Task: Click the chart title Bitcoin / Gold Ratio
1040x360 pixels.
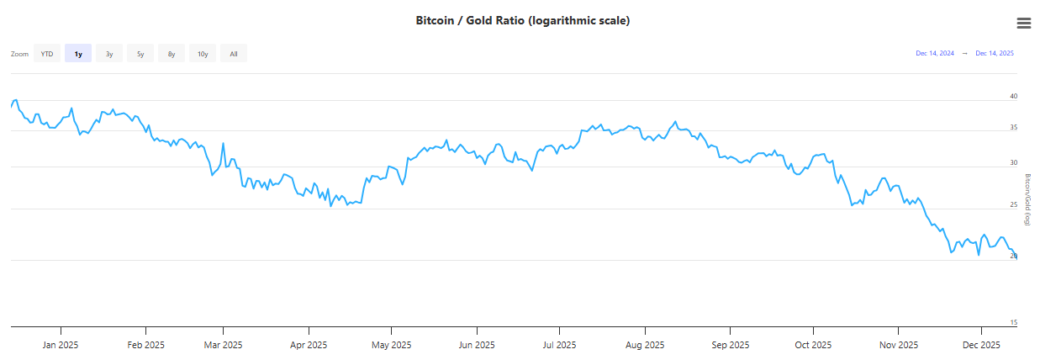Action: click(x=522, y=20)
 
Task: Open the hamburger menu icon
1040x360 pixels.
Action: click(x=1023, y=23)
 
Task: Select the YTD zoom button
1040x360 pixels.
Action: click(x=47, y=54)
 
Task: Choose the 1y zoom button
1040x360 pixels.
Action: click(x=78, y=54)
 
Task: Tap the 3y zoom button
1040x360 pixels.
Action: click(x=109, y=54)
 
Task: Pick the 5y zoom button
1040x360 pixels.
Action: click(x=140, y=54)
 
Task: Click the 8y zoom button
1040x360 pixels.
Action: click(x=172, y=54)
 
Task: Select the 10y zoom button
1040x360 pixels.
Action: click(x=203, y=54)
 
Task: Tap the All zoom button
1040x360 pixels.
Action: click(x=234, y=54)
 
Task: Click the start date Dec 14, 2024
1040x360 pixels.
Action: click(x=934, y=53)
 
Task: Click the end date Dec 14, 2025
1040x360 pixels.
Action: click(x=995, y=53)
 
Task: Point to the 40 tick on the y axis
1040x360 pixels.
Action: click(x=1014, y=96)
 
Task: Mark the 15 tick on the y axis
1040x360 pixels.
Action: click(x=1014, y=322)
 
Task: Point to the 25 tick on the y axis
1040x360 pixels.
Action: click(x=1014, y=204)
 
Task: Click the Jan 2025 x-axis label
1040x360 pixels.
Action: click(x=61, y=345)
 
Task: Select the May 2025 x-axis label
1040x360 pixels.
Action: click(x=391, y=345)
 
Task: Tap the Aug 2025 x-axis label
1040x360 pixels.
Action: click(x=645, y=345)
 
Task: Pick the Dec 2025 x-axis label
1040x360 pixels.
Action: click(x=980, y=345)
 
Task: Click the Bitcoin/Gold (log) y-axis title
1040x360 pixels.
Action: click(x=1027, y=199)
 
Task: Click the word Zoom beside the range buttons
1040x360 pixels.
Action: click(x=19, y=54)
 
